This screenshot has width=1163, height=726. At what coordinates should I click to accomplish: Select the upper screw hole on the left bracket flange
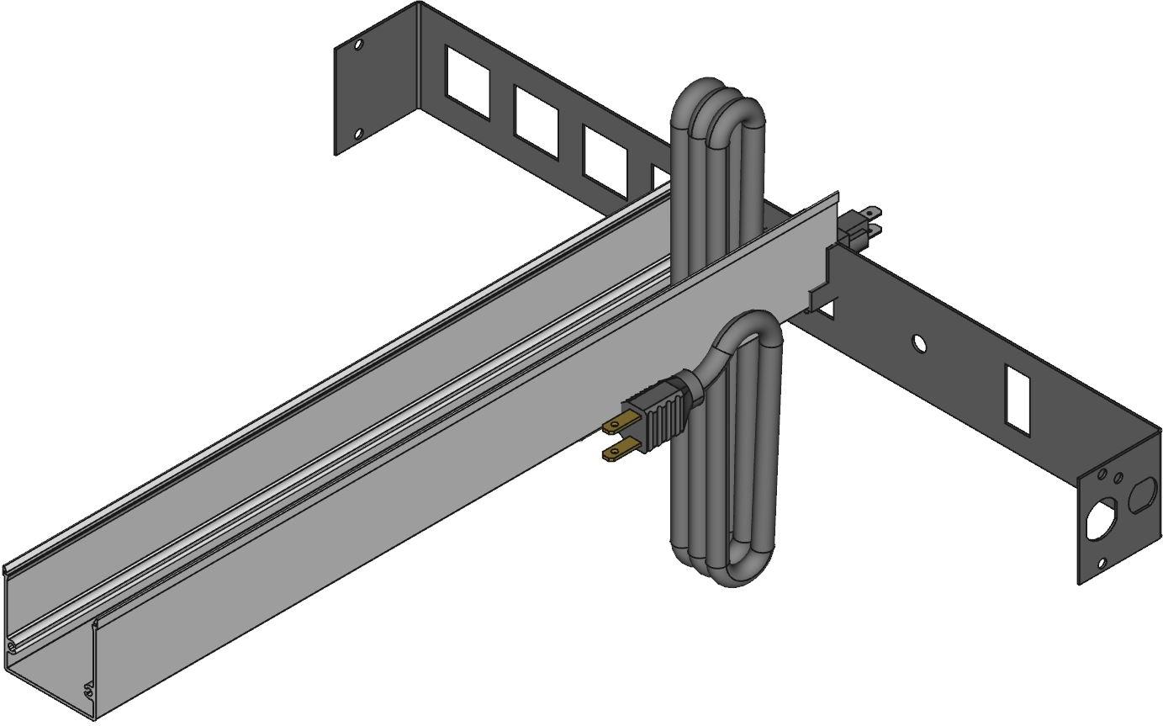(358, 44)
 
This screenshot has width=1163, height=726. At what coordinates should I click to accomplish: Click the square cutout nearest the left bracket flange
(468, 85)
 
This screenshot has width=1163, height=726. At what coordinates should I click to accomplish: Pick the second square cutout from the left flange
(536, 123)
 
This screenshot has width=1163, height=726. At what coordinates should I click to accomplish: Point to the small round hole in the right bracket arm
(918, 343)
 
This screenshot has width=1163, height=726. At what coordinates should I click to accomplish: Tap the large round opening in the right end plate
(1099, 520)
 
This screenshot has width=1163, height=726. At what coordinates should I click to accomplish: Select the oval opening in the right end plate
(1142, 495)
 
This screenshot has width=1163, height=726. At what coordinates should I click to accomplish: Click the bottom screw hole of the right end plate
(1102, 564)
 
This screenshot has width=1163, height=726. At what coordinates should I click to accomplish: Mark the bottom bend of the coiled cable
(732, 572)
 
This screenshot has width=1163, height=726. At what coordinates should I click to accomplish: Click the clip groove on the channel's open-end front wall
(88, 691)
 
